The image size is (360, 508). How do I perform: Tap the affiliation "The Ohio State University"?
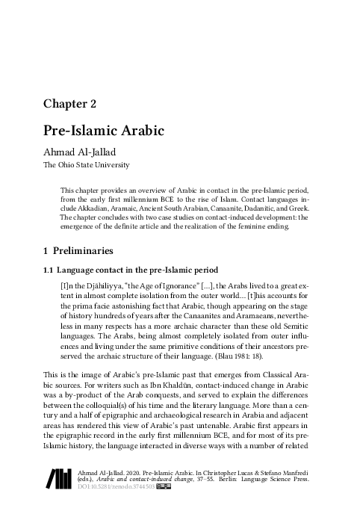point(86,164)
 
